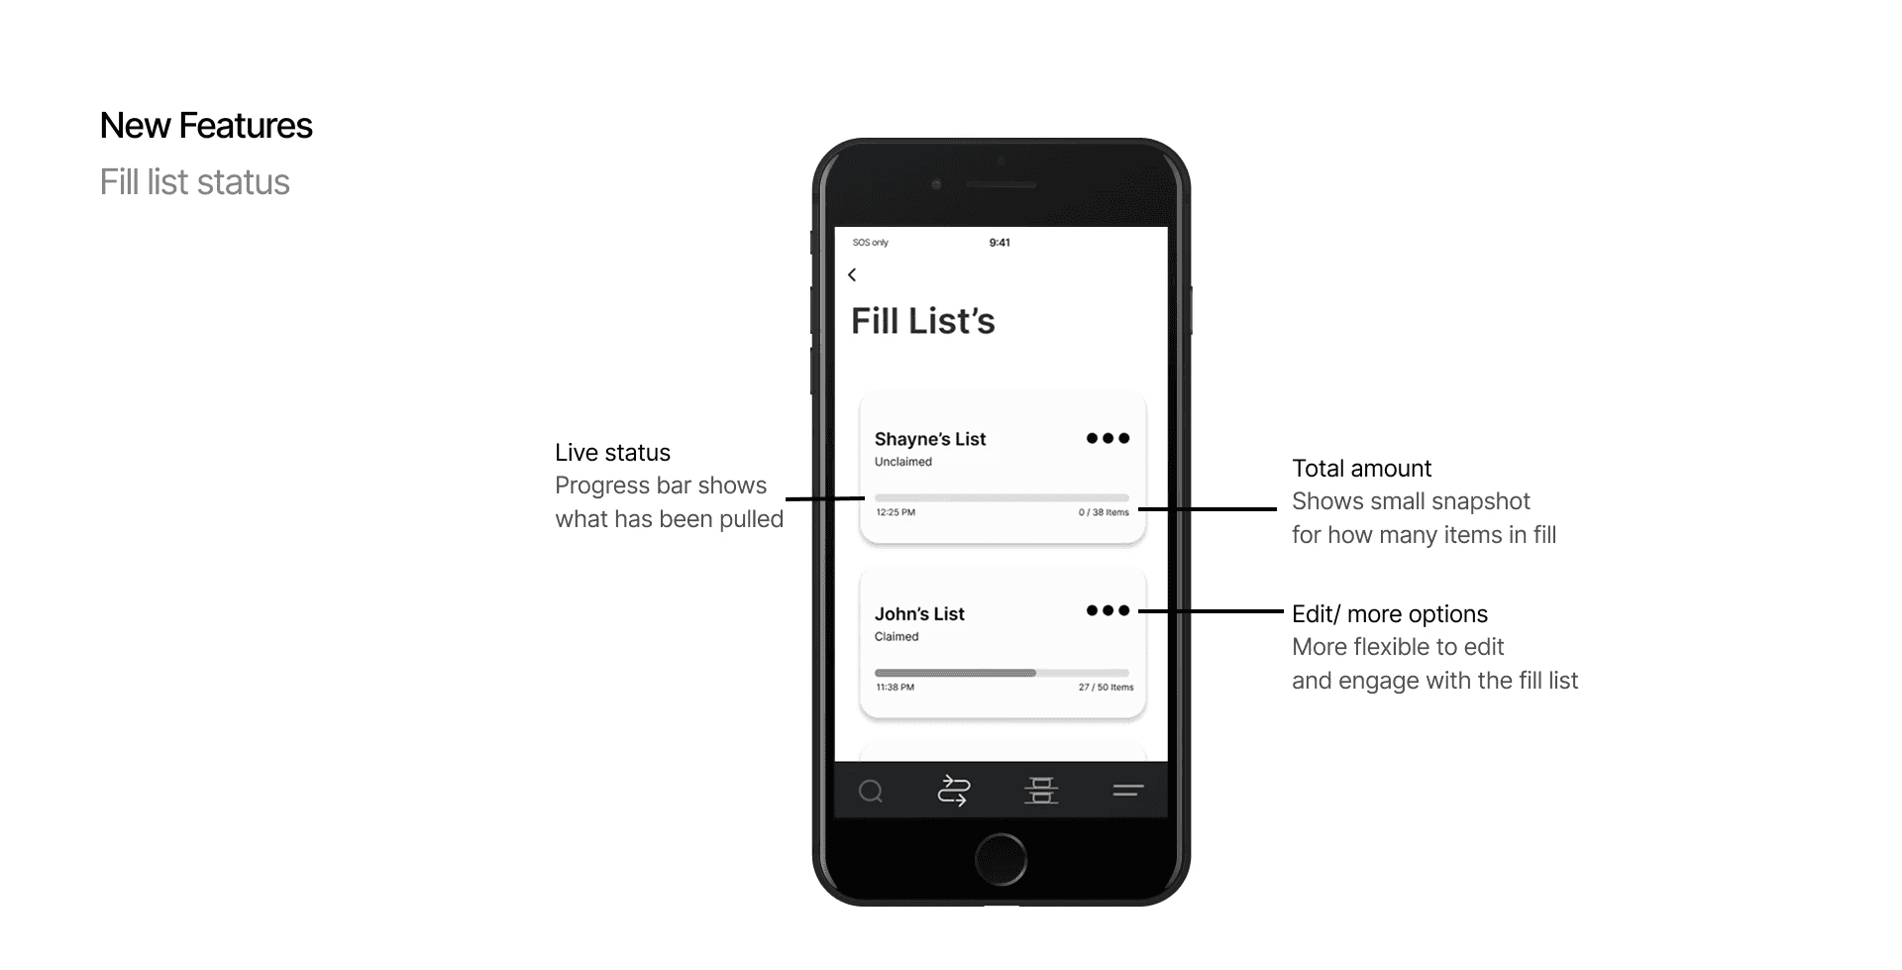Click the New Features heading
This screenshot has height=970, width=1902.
point(206,126)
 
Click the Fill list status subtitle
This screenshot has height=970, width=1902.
point(194,182)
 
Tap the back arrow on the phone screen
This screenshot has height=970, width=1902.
point(852,274)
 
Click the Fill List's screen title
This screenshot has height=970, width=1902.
point(922,321)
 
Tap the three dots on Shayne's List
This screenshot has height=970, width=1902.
point(1108,438)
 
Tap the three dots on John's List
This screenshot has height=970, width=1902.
point(1108,610)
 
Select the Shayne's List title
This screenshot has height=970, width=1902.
point(929,439)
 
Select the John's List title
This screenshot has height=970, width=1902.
point(919,614)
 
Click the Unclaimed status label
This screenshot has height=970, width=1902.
point(902,462)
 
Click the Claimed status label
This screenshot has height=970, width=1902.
point(897,637)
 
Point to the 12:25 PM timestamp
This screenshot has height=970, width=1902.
point(896,512)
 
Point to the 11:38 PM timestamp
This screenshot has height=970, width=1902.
point(896,687)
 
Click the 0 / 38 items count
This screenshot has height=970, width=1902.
point(1104,512)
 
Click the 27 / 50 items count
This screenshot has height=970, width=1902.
point(1106,687)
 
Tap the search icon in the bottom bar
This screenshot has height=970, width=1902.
point(871,791)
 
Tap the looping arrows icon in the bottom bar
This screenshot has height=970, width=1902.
point(953,791)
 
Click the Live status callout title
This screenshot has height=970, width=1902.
point(612,453)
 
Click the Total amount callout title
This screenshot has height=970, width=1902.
point(1361,469)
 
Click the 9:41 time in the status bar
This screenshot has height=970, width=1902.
point(1000,243)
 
